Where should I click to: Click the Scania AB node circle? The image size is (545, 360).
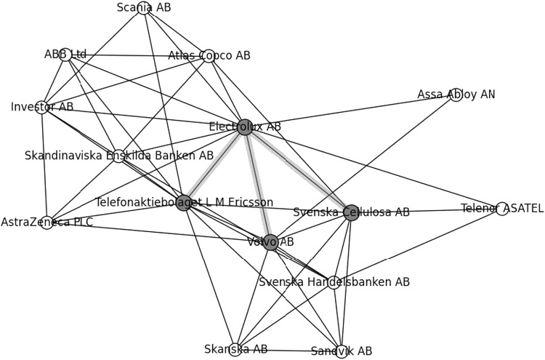tap(144, 8)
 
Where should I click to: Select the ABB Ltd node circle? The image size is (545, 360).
tap(66, 55)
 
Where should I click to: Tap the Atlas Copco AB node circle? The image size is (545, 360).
tap(209, 56)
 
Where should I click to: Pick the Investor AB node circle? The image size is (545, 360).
tap(42, 108)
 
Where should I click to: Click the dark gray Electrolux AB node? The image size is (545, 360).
tap(245, 127)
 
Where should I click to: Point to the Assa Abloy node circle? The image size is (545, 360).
tap(456, 95)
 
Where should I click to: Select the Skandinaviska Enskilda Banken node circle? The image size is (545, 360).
tap(119, 156)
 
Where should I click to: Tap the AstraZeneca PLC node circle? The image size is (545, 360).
tap(47, 222)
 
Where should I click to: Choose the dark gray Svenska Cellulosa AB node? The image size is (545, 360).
tap(351, 212)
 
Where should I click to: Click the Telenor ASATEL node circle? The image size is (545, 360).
tap(502, 209)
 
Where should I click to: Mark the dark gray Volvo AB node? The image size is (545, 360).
tap(270, 242)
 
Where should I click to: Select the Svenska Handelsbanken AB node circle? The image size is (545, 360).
tap(333, 283)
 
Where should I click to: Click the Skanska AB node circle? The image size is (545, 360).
tap(235, 350)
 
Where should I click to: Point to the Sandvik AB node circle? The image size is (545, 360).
tap(342, 352)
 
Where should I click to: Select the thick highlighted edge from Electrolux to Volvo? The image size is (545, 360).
tap(257, 184)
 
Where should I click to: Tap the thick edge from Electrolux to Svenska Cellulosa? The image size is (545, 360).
tap(298, 170)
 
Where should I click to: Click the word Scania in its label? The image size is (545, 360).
tap(132, 8)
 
